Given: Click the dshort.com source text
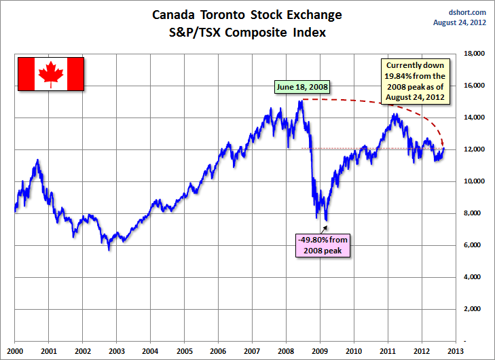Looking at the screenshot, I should (x=468, y=12).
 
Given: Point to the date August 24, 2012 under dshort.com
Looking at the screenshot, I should (x=460, y=22).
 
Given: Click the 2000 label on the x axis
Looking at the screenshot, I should (x=15, y=350).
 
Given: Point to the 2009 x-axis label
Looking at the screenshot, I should (x=319, y=350).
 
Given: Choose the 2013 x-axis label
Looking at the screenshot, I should (x=454, y=350).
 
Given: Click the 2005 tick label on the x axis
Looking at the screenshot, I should (x=184, y=350).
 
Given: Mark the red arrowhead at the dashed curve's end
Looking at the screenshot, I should (x=443, y=143).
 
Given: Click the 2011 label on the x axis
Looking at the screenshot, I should (x=387, y=350).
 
